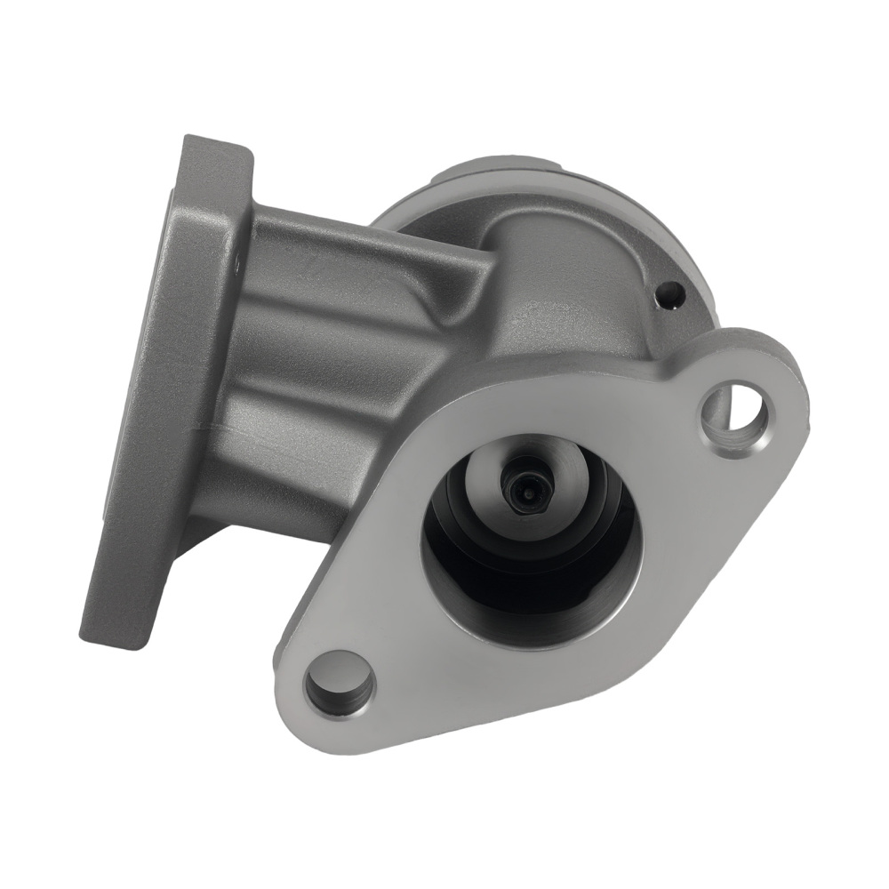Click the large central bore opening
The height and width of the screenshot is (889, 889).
point(529,542)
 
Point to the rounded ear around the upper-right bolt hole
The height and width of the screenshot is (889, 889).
point(773,373)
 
